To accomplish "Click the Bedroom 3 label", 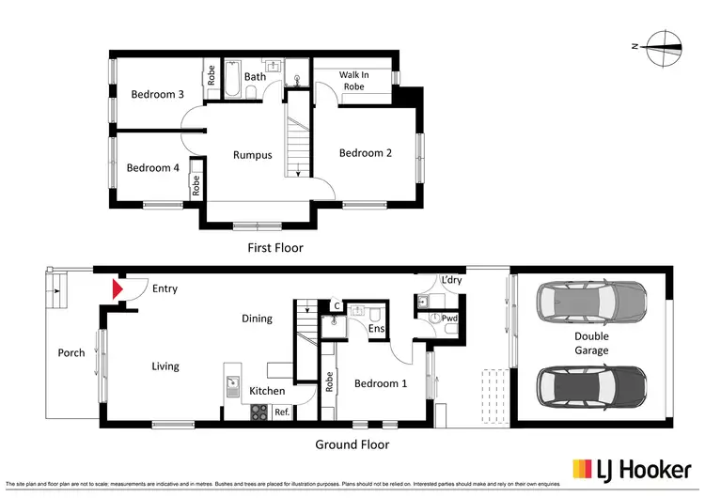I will coord(157,94).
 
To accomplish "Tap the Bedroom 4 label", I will coord(152,168).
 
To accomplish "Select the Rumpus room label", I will coord(253,155).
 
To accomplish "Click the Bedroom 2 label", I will coord(366,153).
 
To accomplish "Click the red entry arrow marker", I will coord(117,289).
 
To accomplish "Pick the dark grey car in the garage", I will coord(591,384).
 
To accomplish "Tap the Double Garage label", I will coord(592,343).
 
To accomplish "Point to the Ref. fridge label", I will coord(281,411).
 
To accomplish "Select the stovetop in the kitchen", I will coord(258,411).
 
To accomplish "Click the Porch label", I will coord(71,353).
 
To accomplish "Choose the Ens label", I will coord(376,330).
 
